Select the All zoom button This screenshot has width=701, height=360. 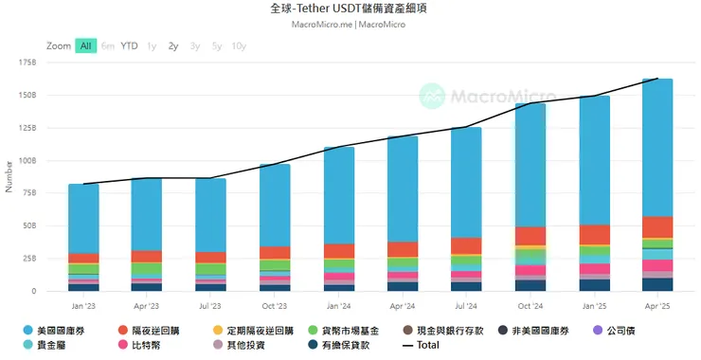tap(86, 45)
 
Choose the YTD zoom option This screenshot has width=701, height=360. tap(129, 45)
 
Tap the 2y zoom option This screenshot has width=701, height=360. tap(172, 45)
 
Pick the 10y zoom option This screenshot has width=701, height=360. tap(239, 45)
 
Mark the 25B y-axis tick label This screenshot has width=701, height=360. tap(27, 259)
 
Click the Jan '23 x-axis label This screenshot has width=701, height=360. tap(83, 306)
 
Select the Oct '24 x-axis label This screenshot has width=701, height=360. tap(530, 306)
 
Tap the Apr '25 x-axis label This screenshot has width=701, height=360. tap(657, 306)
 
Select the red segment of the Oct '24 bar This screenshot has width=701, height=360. tap(530, 235)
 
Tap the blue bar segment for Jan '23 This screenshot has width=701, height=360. tap(83, 218)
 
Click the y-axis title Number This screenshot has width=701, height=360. tap(9, 177)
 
